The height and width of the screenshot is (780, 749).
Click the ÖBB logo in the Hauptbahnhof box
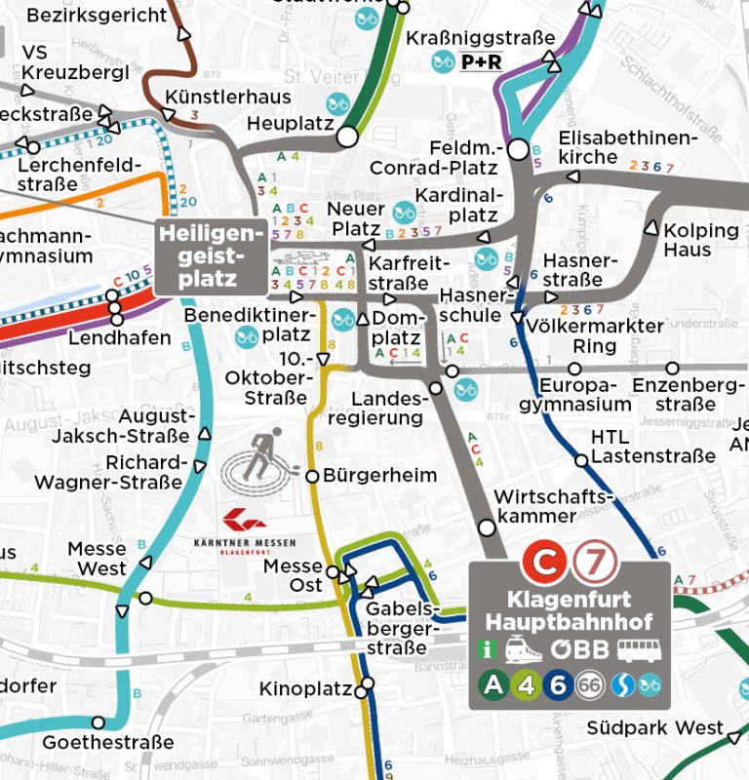[579, 649]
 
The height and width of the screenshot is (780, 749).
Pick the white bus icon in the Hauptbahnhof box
[638, 649]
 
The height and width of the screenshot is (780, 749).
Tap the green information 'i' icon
[488, 649]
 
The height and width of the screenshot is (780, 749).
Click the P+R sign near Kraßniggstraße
[481, 62]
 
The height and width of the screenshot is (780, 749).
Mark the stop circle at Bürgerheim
[312, 477]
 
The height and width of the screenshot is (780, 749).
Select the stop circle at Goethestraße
[98, 722]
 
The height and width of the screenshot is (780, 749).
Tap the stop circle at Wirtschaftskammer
[487, 527]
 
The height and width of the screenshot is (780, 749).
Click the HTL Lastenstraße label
[640, 447]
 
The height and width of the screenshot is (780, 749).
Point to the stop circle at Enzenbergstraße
[672, 369]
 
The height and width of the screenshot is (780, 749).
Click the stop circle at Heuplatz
[346, 136]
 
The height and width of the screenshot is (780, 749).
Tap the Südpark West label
[655, 728]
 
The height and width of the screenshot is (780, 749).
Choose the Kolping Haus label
[701, 240]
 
